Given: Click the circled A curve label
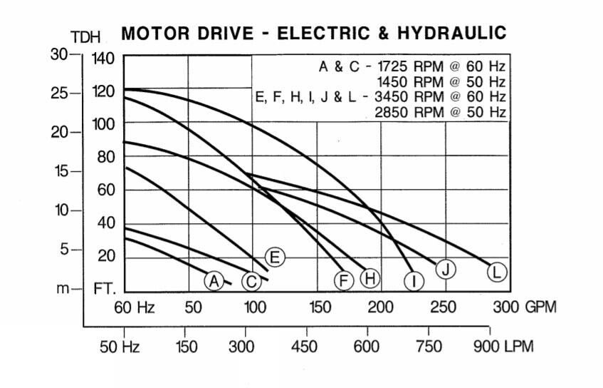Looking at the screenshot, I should tap(214, 280).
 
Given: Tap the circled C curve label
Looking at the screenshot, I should tap(251, 282).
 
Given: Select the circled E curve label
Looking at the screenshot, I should tap(275, 257).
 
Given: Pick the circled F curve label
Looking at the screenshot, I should tap(344, 281).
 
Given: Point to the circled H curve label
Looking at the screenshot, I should tap(369, 277).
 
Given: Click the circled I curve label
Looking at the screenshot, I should tap(414, 281).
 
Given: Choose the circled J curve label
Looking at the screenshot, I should tap(446, 269).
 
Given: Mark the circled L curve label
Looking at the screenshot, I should tap(498, 271).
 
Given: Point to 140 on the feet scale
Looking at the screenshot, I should tap(104, 58).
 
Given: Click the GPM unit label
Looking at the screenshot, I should tap(540, 307).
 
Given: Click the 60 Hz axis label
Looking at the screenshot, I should tap(134, 307).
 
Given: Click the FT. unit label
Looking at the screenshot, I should tap(105, 290).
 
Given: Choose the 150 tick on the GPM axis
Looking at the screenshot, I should tap(320, 307).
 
